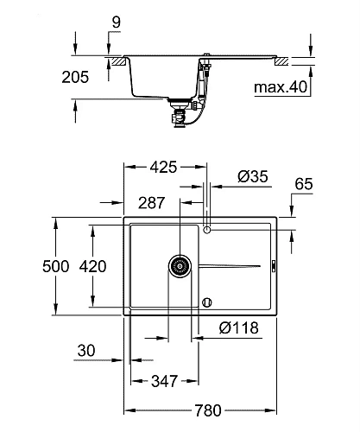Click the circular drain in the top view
coord(179,265)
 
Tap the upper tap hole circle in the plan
coord(206,229)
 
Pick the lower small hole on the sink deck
coord(206,302)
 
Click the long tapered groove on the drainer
coord(231,265)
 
